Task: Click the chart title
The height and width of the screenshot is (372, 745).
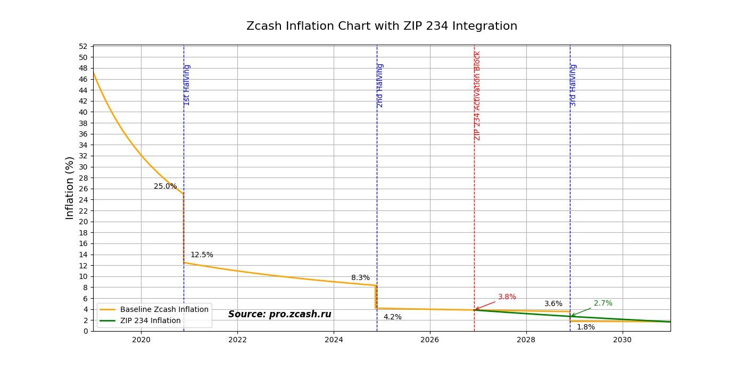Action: pos(382,26)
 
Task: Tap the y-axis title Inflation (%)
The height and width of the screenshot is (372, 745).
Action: pos(70,188)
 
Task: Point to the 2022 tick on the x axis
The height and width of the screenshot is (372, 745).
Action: pos(237,339)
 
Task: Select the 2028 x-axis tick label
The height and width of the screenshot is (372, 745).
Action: pos(526,339)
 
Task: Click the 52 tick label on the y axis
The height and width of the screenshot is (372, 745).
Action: pos(82,46)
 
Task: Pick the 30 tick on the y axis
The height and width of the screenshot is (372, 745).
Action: pos(82,167)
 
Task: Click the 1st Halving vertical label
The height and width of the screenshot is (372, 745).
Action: pos(187,85)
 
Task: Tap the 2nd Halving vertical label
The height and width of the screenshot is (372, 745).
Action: pos(380,85)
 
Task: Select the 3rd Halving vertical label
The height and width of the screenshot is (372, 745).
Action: pos(573,85)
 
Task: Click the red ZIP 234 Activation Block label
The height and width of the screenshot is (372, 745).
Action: pos(477,96)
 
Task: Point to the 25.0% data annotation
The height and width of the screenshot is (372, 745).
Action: pos(165,187)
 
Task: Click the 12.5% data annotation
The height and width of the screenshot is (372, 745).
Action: pos(202,255)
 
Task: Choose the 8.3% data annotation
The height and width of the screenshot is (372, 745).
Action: pos(360,278)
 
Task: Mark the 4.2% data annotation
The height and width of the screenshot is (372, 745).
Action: pos(393,317)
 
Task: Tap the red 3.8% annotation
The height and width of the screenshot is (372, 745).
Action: pos(507,297)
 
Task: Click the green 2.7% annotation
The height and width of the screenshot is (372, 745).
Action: pos(603,303)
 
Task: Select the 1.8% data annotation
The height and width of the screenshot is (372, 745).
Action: pos(586,327)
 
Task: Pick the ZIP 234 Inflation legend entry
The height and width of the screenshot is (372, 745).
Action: pos(150,320)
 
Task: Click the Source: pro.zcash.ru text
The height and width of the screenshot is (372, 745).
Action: pos(279,314)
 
